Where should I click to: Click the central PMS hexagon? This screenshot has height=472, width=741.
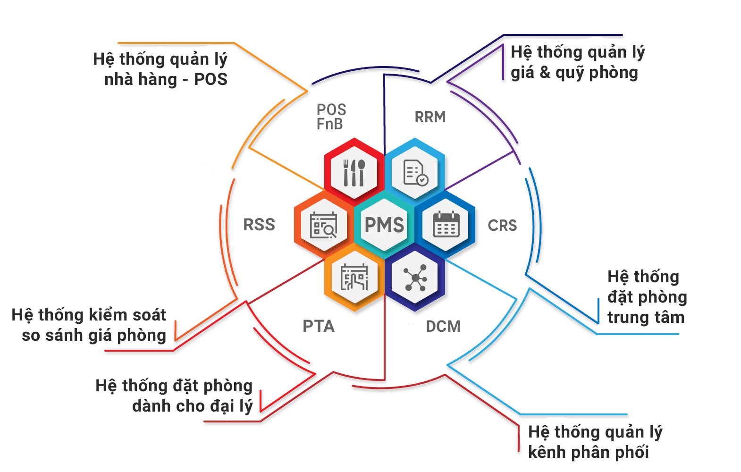point(385,225)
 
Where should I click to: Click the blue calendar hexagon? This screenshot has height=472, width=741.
point(446,225)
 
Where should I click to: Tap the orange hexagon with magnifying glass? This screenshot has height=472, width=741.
point(323,225)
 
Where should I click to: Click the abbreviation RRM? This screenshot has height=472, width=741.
point(430,117)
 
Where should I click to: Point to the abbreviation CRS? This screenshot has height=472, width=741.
point(502,225)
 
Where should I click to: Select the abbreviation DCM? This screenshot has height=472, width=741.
point(443,326)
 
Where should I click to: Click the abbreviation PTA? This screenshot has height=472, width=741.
point(319,326)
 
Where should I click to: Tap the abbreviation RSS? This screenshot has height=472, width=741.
point(259,224)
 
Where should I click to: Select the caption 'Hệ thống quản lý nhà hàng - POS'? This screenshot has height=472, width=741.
point(160,69)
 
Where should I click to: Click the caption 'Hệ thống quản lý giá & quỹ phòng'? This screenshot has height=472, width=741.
point(578,62)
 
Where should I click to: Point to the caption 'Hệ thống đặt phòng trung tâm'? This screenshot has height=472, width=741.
point(646,297)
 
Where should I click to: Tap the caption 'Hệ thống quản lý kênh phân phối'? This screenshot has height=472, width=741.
point(595,442)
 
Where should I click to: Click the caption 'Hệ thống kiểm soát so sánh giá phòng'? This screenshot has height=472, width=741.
point(90,325)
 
